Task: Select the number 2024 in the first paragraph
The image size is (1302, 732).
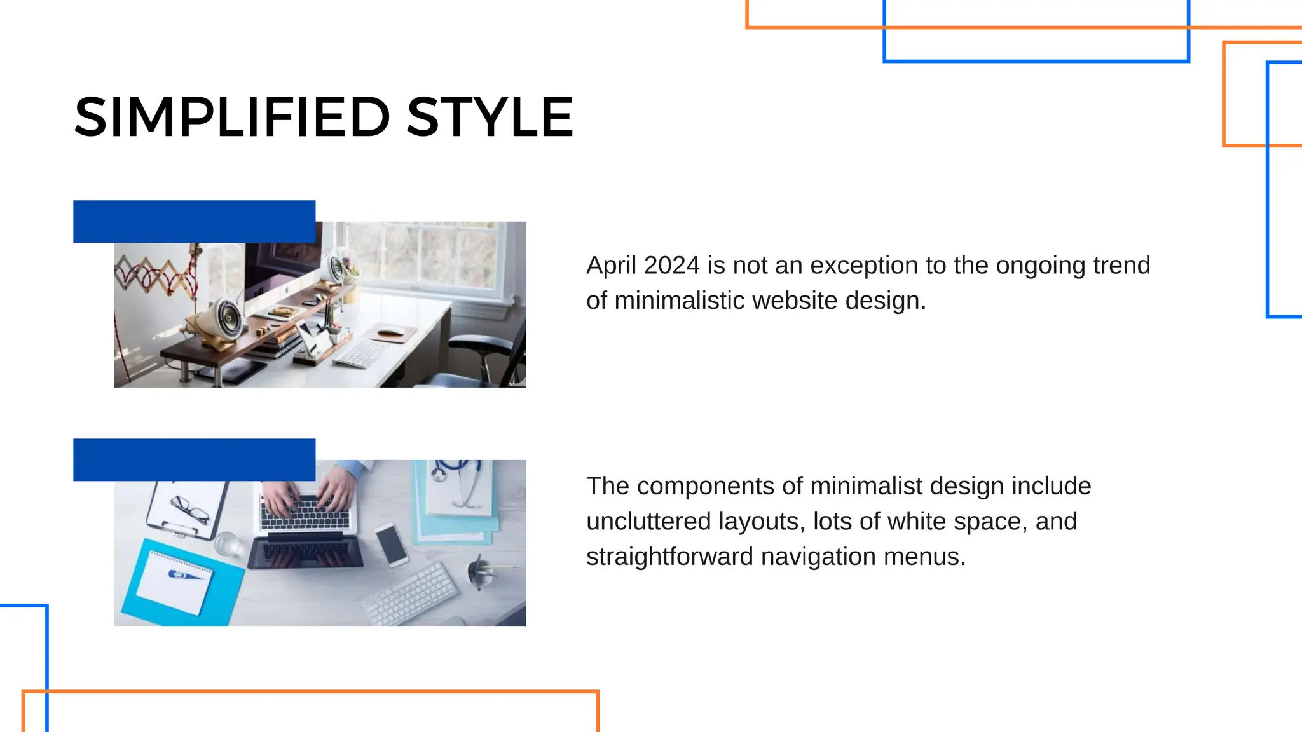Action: click(671, 266)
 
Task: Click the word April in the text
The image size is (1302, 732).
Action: click(611, 266)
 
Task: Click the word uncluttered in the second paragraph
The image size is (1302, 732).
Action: click(648, 522)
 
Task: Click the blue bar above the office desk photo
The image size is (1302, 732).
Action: click(194, 221)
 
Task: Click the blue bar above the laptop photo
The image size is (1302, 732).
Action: click(194, 459)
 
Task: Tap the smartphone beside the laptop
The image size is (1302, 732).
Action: click(392, 545)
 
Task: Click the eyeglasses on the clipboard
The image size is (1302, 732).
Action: click(189, 508)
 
